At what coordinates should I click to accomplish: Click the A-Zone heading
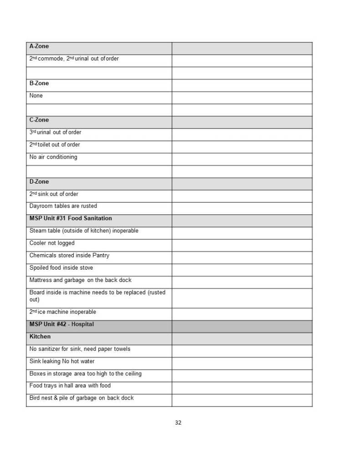point(39,46)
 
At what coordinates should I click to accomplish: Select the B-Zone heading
point(39,83)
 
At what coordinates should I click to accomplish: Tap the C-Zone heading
point(39,120)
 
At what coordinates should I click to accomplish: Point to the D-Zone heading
point(39,182)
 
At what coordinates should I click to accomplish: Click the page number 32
point(178,423)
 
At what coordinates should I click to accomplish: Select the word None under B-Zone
point(36,96)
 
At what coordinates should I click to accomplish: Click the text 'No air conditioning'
point(53,157)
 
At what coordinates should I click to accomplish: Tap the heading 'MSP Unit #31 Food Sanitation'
point(71,219)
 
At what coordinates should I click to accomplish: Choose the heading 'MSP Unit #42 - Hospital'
point(61,324)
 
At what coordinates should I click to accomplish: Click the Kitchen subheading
point(40,337)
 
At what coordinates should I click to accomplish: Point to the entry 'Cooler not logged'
point(52,243)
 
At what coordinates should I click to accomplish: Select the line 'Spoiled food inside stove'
point(61,268)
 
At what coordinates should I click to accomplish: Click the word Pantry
point(101,256)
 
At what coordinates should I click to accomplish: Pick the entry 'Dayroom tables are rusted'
point(63,206)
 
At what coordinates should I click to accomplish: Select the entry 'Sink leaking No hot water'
point(62,361)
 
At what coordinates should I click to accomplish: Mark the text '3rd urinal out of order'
point(56,133)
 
